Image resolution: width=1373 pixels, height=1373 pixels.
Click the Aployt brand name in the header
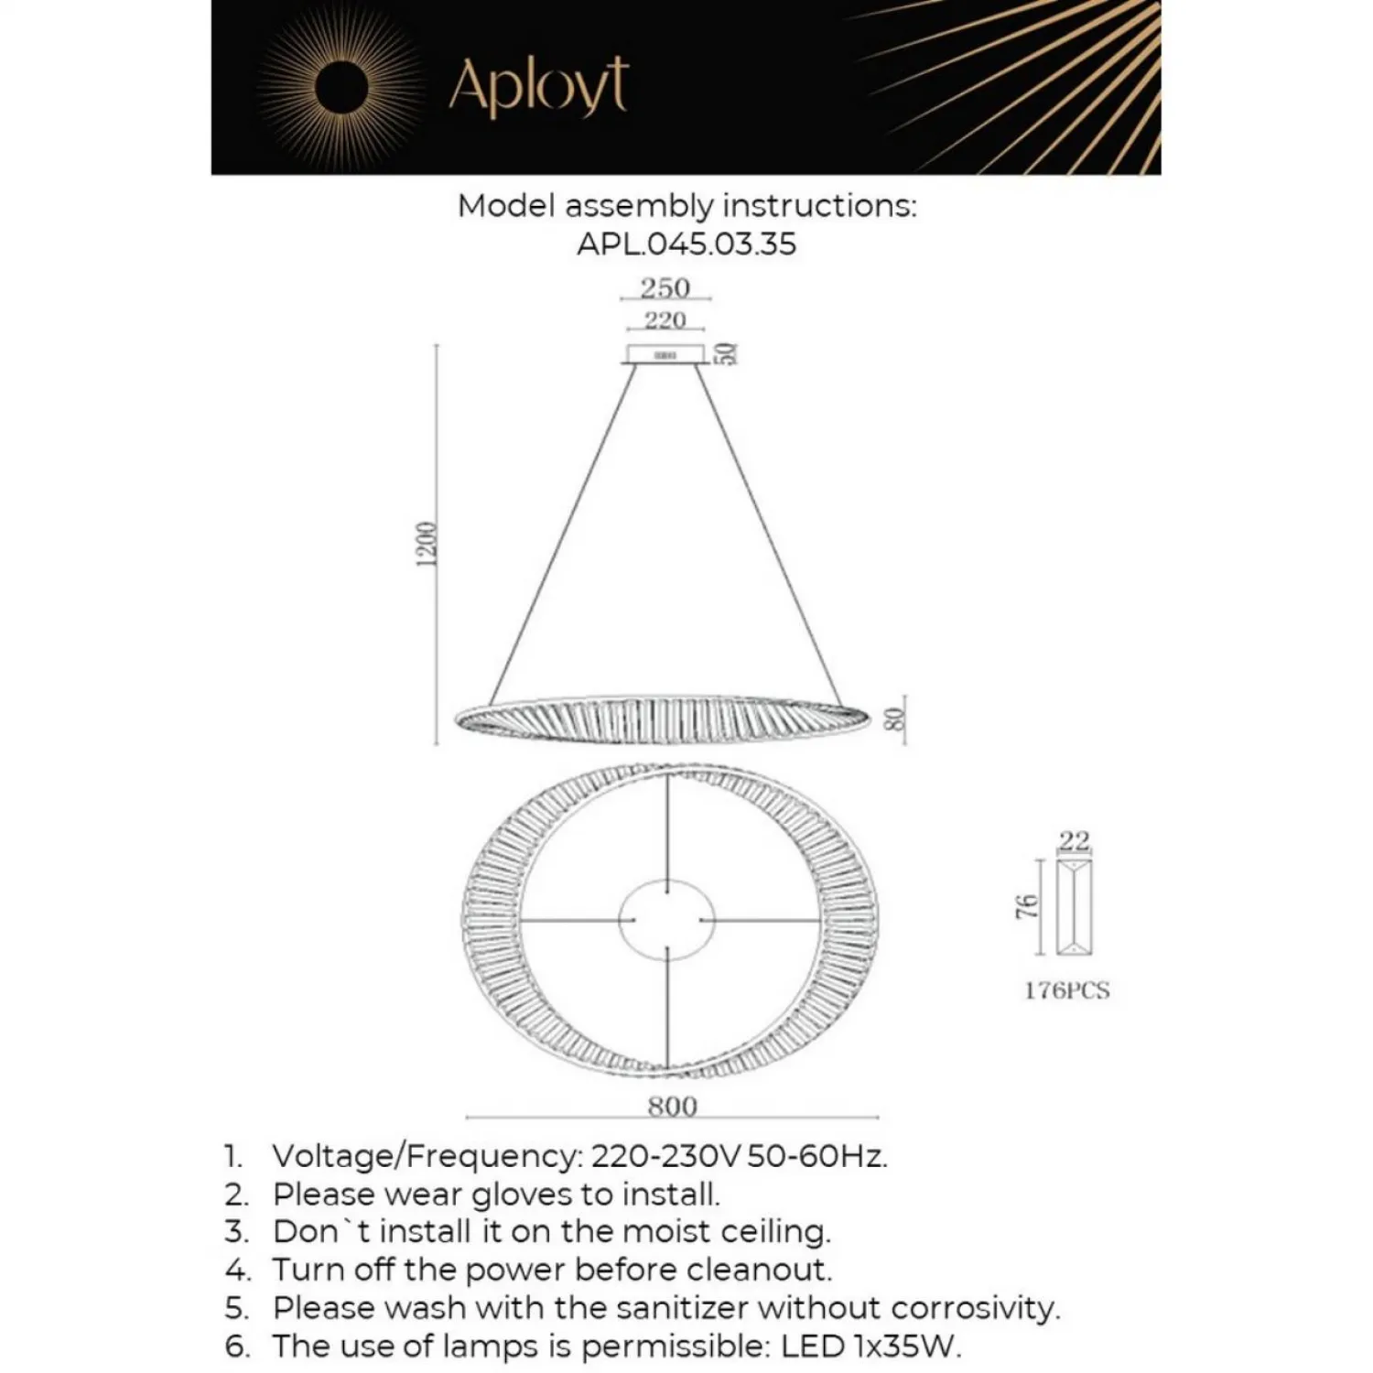(x=538, y=86)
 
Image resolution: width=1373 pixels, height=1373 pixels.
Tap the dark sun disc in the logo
(x=341, y=87)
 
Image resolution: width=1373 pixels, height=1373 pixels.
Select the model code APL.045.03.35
(x=686, y=244)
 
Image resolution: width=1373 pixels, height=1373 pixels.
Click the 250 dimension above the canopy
(x=665, y=287)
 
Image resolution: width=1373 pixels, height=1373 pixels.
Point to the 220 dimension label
(x=665, y=320)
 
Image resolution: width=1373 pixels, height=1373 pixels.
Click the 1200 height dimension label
(x=427, y=545)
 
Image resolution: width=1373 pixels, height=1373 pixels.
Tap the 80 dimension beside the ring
(x=896, y=719)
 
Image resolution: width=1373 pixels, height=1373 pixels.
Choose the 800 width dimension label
(x=672, y=1107)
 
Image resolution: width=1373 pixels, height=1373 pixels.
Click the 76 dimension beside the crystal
(x=1028, y=906)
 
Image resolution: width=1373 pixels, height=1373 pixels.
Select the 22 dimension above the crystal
(x=1075, y=840)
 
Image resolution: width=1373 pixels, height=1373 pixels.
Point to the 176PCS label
(x=1067, y=990)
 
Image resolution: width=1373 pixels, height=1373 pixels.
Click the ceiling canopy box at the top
(x=665, y=354)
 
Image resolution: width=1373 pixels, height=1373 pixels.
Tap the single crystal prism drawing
(x=1075, y=906)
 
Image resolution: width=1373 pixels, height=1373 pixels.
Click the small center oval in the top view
(x=666, y=920)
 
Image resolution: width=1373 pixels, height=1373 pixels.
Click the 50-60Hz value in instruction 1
(x=816, y=1156)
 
